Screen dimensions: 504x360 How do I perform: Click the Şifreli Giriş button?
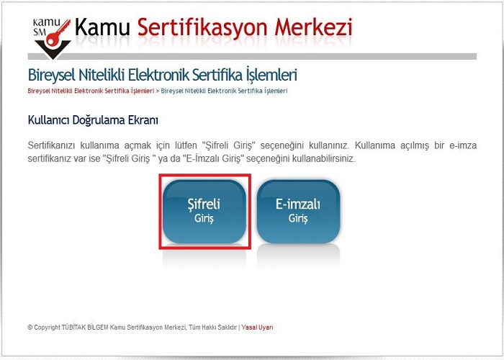tap(204, 211)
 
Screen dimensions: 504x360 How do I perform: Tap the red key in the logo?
tap(58, 33)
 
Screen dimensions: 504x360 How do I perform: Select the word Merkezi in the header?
tap(313, 27)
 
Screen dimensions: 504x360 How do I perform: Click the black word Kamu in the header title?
tap(102, 27)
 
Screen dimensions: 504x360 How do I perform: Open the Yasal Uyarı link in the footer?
tap(258, 328)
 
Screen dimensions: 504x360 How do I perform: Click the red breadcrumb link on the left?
tap(91, 91)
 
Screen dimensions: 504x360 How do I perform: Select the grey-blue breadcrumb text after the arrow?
tap(224, 91)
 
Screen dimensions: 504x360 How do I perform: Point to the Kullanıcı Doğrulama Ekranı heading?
tap(93, 120)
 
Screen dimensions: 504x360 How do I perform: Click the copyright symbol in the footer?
tap(30, 328)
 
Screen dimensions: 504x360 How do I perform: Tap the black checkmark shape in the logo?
tap(53, 49)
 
